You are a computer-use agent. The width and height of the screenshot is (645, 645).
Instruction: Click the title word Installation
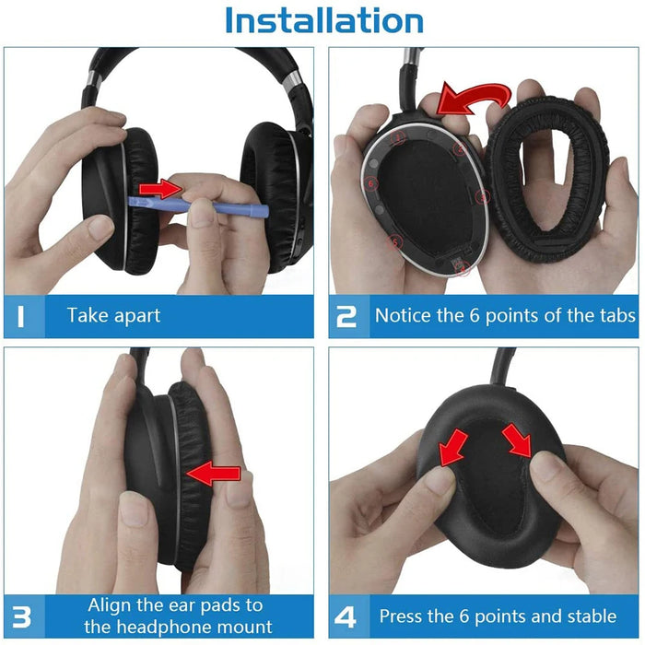point(323,20)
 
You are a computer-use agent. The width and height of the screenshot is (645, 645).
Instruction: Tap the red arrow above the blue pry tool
point(166,190)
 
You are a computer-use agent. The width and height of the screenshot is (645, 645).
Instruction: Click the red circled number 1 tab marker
point(398,137)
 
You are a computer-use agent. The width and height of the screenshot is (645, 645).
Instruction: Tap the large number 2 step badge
point(347,316)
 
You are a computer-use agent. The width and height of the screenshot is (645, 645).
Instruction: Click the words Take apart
point(113,316)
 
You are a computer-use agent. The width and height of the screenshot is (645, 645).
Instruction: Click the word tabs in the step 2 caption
point(614,316)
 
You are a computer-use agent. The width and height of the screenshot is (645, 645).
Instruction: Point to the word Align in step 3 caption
point(111,605)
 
